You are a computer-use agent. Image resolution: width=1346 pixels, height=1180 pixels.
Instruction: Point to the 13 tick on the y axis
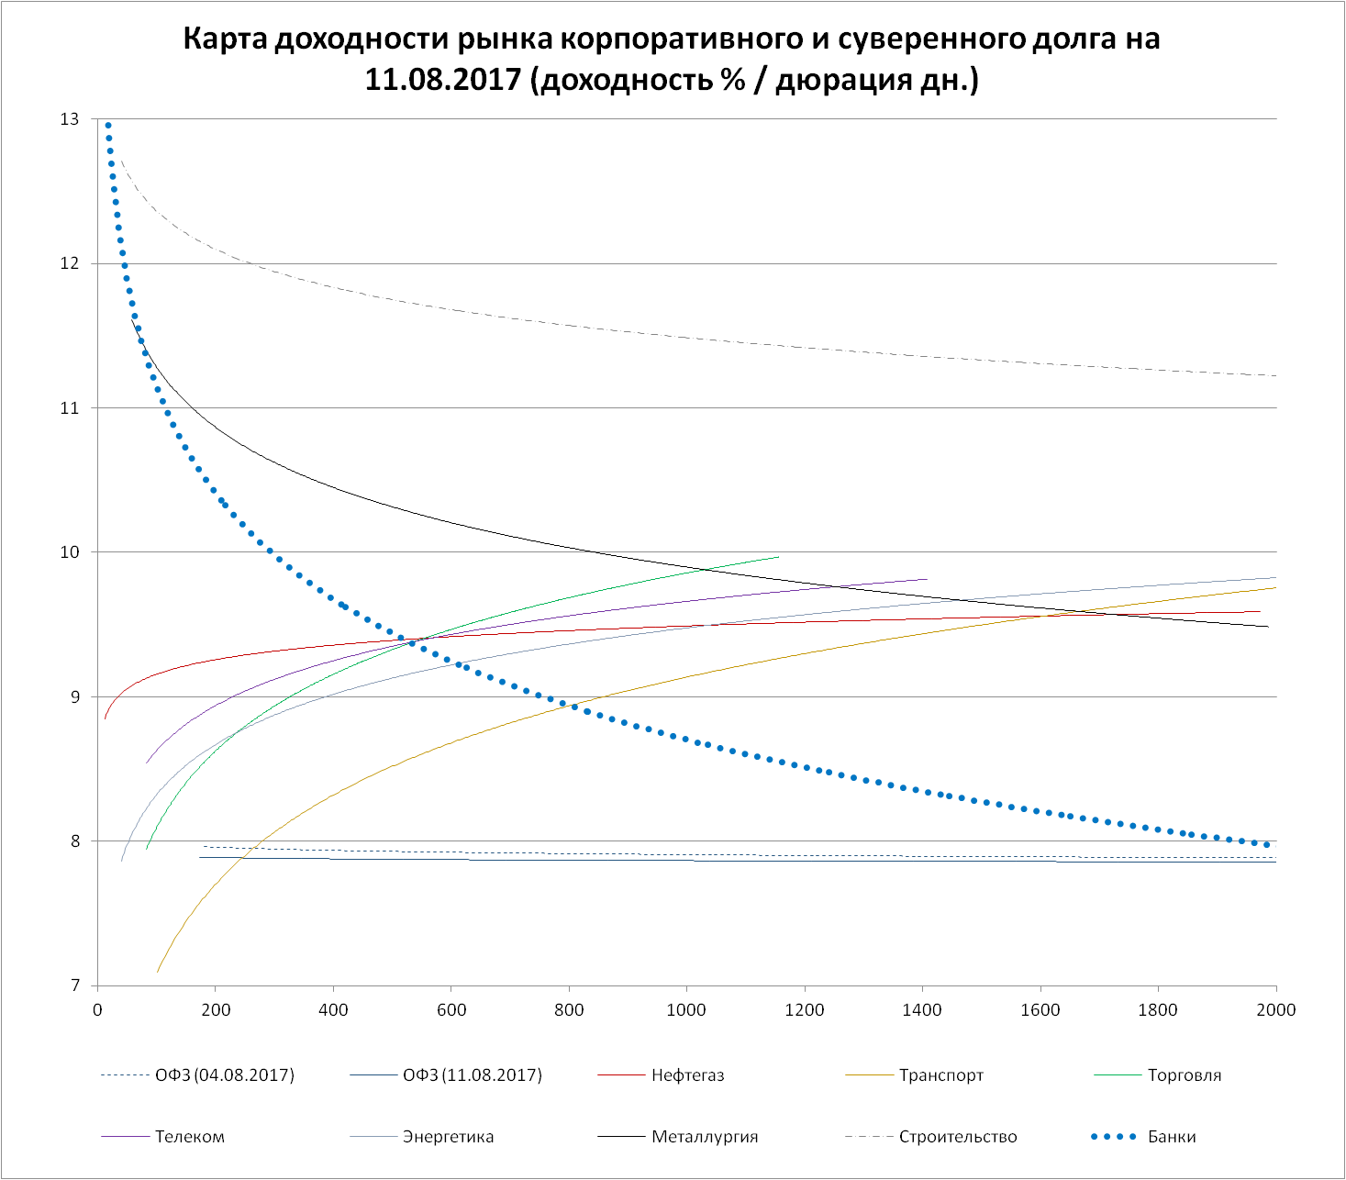coord(70,119)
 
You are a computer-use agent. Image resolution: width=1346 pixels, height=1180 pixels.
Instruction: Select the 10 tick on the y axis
coord(70,552)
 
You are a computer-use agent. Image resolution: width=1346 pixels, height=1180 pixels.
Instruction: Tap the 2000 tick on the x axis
coord(1275,1010)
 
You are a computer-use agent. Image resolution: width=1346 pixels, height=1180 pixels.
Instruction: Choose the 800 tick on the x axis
coord(569,1010)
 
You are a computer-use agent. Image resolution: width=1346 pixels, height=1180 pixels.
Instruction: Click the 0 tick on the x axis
coord(97,1010)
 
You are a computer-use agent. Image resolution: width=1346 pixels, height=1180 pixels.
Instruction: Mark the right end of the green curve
coord(778,557)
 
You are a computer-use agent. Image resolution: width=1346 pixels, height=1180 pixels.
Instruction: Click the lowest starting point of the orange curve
coord(158,972)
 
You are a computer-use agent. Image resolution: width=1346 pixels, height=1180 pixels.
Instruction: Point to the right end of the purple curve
coord(928,579)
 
